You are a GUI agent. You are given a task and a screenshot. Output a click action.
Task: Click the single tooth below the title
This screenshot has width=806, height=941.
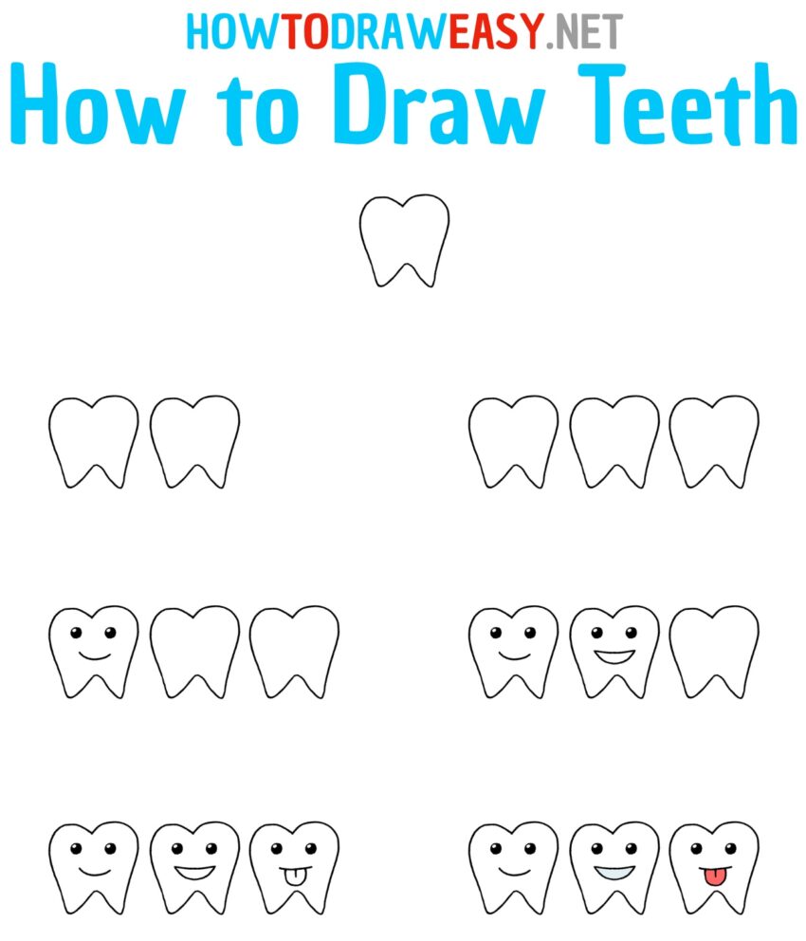[x=404, y=240]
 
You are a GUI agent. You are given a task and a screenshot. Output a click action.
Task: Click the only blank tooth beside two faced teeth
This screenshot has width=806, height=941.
[x=714, y=651]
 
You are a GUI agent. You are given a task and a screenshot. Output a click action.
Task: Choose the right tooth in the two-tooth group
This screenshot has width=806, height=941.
[x=194, y=441]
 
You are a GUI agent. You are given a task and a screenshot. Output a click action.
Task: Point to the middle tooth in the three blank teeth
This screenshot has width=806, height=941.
[x=614, y=441]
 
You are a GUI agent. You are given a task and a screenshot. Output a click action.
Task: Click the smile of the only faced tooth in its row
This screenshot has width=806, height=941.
[x=94, y=655]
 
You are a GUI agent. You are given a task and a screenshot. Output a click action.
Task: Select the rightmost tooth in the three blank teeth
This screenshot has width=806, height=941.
[x=714, y=441]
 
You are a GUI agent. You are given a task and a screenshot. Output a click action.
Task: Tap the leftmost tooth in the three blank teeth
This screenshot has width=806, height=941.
[x=513, y=441]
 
